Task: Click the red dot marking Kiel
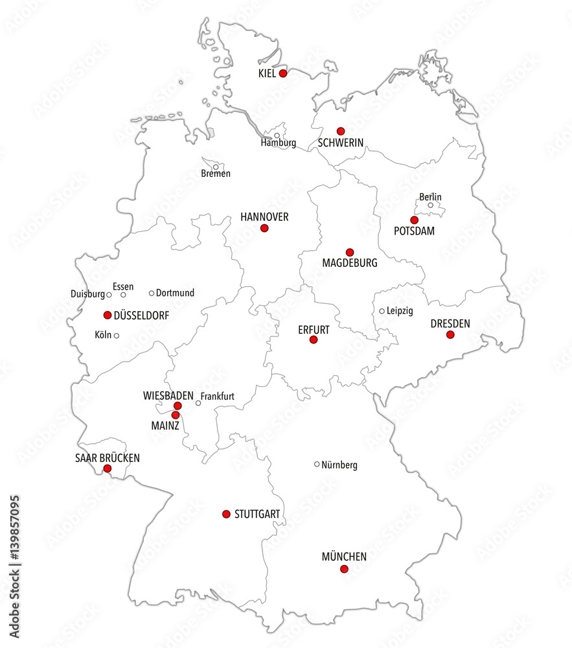[283, 74]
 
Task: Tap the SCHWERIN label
[340, 143]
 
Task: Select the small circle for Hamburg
[277, 135]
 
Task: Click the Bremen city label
[216, 174]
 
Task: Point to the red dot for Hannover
[264, 228]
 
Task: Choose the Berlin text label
[430, 196]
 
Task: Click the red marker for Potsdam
[415, 220]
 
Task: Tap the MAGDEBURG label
[349, 264]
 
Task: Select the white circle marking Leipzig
[382, 311]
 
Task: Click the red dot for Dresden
[450, 334]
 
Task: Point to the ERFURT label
[314, 330]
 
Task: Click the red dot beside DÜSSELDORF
[108, 315]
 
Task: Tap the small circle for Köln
[117, 336]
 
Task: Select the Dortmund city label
[175, 293]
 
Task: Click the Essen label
[123, 286]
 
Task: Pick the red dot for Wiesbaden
[177, 406]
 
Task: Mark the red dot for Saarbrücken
[108, 468]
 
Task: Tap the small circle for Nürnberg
[317, 464]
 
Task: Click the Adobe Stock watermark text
[12, 570]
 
